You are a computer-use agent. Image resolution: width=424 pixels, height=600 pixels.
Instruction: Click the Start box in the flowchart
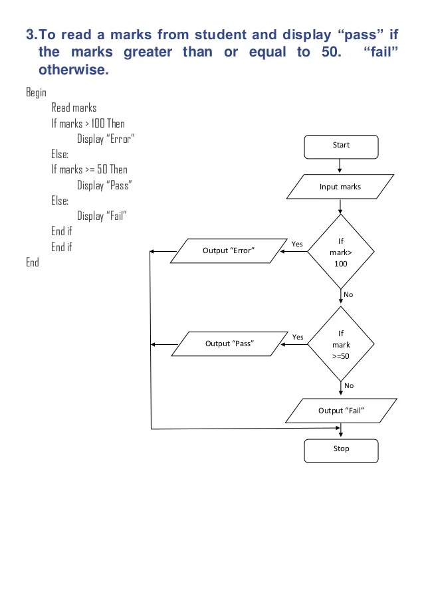pyautogui.click(x=341, y=146)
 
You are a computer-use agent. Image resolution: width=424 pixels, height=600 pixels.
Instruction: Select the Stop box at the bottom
pyautogui.click(x=341, y=450)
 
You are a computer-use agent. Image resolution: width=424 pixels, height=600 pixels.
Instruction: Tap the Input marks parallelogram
pyautogui.click(x=340, y=187)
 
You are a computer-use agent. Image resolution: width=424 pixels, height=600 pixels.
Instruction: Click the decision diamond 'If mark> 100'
pyautogui.click(x=341, y=252)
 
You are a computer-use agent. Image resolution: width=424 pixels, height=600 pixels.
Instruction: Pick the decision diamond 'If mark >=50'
pyautogui.click(x=341, y=344)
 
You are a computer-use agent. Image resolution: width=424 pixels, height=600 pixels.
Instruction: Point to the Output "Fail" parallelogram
pyautogui.click(x=341, y=411)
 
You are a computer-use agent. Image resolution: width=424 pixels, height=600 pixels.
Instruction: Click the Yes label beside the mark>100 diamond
pyautogui.click(x=297, y=244)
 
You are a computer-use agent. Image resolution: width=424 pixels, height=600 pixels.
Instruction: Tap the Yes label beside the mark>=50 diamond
pyautogui.click(x=297, y=337)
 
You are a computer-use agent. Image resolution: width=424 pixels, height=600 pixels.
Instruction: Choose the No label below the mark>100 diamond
pyautogui.click(x=349, y=294)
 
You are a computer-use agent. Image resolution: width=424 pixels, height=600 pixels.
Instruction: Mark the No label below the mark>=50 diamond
pyautogui.click(x=349, y=385)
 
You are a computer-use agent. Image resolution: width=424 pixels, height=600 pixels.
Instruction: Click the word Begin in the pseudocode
pyautogui.click(x=36, y=92)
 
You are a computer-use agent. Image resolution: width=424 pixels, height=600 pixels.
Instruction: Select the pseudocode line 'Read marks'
pyautogui.click(x=74, y=108)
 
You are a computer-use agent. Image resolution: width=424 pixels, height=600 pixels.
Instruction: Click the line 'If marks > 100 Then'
pyautogui.click(x=88, y=123)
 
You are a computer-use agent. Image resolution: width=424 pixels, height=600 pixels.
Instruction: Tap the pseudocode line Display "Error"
pyautogui.click(x=106, y=139)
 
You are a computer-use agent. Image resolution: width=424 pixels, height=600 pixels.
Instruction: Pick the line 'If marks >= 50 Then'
pyautogui.click(x=89, y=169)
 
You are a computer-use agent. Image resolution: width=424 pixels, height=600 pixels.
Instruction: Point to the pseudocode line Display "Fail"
pyautogui.click(x=102, y=216)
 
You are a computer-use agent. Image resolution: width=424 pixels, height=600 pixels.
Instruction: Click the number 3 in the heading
pyautogui.click(x=30, y=35)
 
